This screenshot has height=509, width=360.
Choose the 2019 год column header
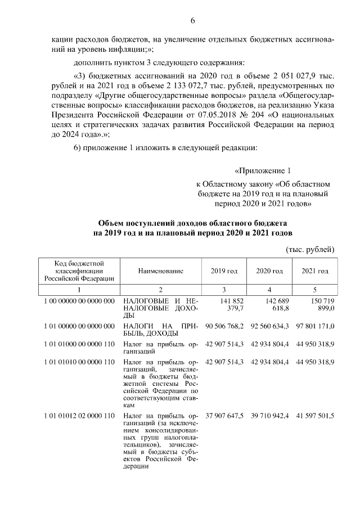coord(224,271)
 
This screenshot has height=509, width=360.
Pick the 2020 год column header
coord(269,271)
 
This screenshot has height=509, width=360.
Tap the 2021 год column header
coord(314,271)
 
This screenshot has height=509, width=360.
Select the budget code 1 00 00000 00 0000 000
coord(79,301)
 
